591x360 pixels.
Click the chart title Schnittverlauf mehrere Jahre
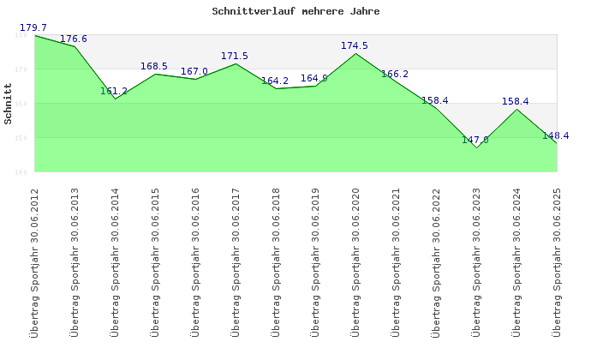coord(295,12)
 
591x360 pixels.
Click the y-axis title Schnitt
coord(8,103)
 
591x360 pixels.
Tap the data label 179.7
coord(33,28)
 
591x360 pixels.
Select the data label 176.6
coord(74,39)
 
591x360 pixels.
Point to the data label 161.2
coord(114,91)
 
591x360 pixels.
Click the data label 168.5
coord(154,66)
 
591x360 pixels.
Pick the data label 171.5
coord(235,57)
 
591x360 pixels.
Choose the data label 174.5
coord(355,46)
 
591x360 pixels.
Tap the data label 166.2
coord(395,75)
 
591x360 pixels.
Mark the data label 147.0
coord(475,140)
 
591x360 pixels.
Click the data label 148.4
coord(555,135)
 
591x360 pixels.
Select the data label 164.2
coord(275,81)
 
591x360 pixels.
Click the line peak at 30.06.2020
coord(356,53)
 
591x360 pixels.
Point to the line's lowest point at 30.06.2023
coord(477,147)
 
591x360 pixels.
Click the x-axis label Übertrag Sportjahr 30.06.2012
coord(35,261)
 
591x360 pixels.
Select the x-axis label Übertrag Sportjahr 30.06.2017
coord(236,261)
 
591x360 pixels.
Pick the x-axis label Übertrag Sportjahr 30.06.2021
coord(397,261)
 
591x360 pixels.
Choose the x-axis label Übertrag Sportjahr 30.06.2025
coord(558,261)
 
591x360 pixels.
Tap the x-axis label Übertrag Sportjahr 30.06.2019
coord(316,261)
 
